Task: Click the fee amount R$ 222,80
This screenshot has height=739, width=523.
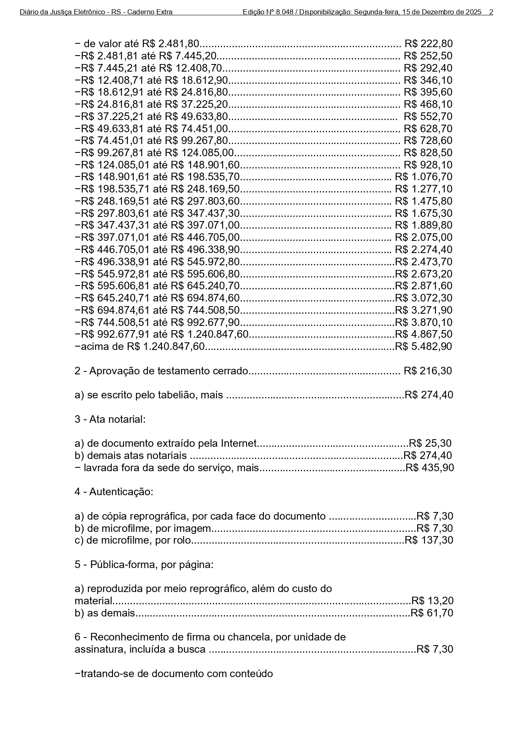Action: tap(428, 44)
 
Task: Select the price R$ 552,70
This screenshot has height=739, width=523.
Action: tap(428, 116)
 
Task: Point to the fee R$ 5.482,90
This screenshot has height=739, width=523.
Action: tap(423, 347)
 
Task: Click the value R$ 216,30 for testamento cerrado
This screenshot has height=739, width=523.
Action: tap(427, 371)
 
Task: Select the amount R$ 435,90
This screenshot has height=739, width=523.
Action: tap(429, 467)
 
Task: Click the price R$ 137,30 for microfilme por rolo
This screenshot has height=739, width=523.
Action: tap(429, 540)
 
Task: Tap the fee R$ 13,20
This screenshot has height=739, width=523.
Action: tap(432, 601)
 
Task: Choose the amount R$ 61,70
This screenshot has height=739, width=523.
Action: tap(432, 613)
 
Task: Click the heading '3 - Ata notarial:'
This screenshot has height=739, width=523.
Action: tap(110, 419)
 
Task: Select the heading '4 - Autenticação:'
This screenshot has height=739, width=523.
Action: tap(114, 492)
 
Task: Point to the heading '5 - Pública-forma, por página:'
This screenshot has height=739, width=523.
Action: tap(144, 565)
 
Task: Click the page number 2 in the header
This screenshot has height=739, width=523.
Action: tap(491, 12)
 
